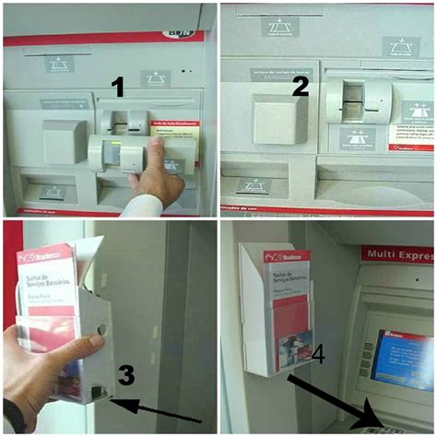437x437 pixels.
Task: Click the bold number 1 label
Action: pos(117,88)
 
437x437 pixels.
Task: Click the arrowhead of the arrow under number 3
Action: pos(112,398)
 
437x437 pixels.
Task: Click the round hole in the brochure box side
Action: pos(101,327)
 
